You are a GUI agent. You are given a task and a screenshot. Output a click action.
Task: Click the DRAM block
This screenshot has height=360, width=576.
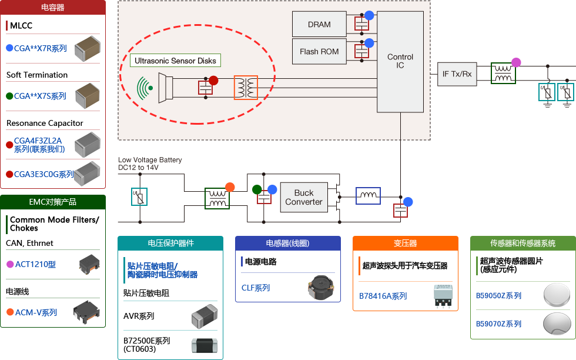(x=319, y=25)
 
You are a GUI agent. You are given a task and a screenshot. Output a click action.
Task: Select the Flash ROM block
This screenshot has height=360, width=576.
(x=319, y=52)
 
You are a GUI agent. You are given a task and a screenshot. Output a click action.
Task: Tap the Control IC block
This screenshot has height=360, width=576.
(x=400, y=61)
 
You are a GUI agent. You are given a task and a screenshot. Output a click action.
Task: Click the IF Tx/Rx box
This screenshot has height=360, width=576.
(x=457, y=74)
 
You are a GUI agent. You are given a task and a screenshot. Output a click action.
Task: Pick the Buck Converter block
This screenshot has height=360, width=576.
(x=303, y=198)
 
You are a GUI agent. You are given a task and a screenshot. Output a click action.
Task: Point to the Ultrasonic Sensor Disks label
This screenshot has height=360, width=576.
(x=175, y=61)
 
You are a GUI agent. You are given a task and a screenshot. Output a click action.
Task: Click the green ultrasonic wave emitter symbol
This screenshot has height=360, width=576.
(x=145, y=88)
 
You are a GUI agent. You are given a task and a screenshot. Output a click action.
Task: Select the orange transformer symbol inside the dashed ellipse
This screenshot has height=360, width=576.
(x=246, y=88)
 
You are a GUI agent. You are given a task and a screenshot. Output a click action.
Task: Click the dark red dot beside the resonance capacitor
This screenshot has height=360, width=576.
(x=213, y=81)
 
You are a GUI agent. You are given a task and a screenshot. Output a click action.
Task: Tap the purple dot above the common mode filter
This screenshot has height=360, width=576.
(x=516, y=62)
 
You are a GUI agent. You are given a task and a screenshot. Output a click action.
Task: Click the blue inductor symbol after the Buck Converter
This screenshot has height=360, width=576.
(x=368, y=195)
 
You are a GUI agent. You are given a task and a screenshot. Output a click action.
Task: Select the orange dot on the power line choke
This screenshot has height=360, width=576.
(x=230, y=187)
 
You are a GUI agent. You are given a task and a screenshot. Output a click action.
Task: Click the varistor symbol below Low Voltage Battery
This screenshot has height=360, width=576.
(x=139, y=196)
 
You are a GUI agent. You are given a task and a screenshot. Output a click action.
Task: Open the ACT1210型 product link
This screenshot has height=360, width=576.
(x=35, y=265)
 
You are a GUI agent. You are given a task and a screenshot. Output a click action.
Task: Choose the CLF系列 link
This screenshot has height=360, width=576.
(x=256, y=288)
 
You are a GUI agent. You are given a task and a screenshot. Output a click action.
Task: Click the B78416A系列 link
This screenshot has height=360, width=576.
(x=383, y=296)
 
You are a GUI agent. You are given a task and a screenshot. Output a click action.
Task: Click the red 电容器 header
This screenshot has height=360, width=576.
(x=53, y=8)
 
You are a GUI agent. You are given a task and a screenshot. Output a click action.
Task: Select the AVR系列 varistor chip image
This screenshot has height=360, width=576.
(x=205, y=316)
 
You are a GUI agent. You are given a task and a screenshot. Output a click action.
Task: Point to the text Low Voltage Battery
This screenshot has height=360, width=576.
(x=150, y=160)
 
